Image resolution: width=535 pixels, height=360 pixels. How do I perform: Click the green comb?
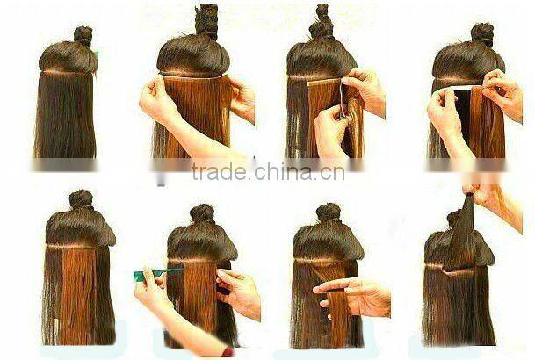click(x=157, y=273)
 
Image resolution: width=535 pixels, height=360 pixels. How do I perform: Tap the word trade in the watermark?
click(x=219, y=172)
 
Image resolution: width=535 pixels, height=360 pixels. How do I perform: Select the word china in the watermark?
click(x=283, y=172)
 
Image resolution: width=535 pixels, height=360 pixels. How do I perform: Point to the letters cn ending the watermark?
click(x=331, y=174)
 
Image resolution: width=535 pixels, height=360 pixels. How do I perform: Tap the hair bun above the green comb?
click(x=202, y=213)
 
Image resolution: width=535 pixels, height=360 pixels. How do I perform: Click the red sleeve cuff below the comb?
click(x=228, y=351)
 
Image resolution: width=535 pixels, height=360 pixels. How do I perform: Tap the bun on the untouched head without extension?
click(x=83, y=35)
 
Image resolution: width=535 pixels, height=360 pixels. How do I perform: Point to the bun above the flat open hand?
click(x=328, y=212)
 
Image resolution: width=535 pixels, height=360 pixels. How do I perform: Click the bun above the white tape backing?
click(x=482, y=33)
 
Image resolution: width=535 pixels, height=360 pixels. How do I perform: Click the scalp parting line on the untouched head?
click(x=67, y=73)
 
